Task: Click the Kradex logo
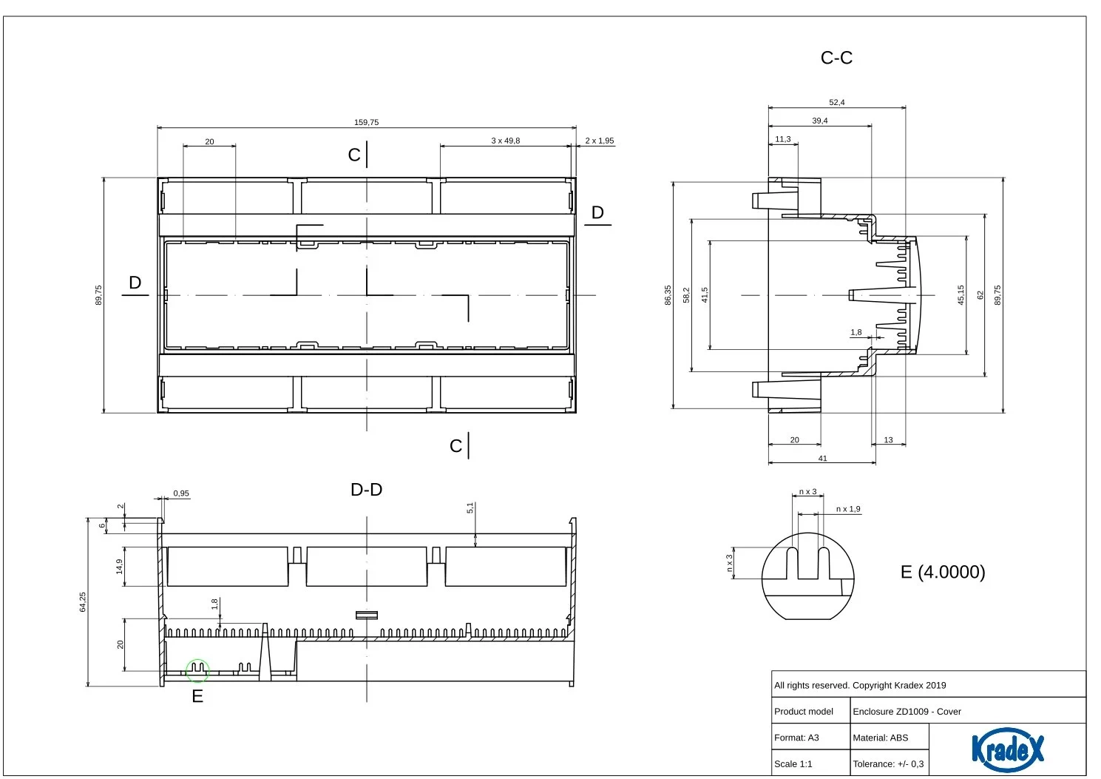click(1008, 748)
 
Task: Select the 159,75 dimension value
click(366, 122)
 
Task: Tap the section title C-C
click(836, 58)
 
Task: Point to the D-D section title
click(366, 489)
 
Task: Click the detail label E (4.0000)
click(943, 572)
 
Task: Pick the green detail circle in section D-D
click(197, 671)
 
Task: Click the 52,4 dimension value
click(836, 102)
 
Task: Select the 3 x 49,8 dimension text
click(505, 141)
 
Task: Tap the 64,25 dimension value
click(83, 601)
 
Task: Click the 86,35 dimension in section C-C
click(668, 294)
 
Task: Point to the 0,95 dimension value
click(181, 493)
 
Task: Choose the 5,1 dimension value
click(470, 508)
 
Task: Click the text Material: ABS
click(880, 738)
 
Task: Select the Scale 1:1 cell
click(793, 763)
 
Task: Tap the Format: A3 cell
click(796, 738)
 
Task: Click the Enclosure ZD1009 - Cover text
click(907, 712)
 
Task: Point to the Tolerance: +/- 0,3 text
click(888, 763)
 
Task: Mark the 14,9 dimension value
click(119, 566)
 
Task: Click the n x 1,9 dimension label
click(848, 509)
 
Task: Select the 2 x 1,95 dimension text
click(599, 141)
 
